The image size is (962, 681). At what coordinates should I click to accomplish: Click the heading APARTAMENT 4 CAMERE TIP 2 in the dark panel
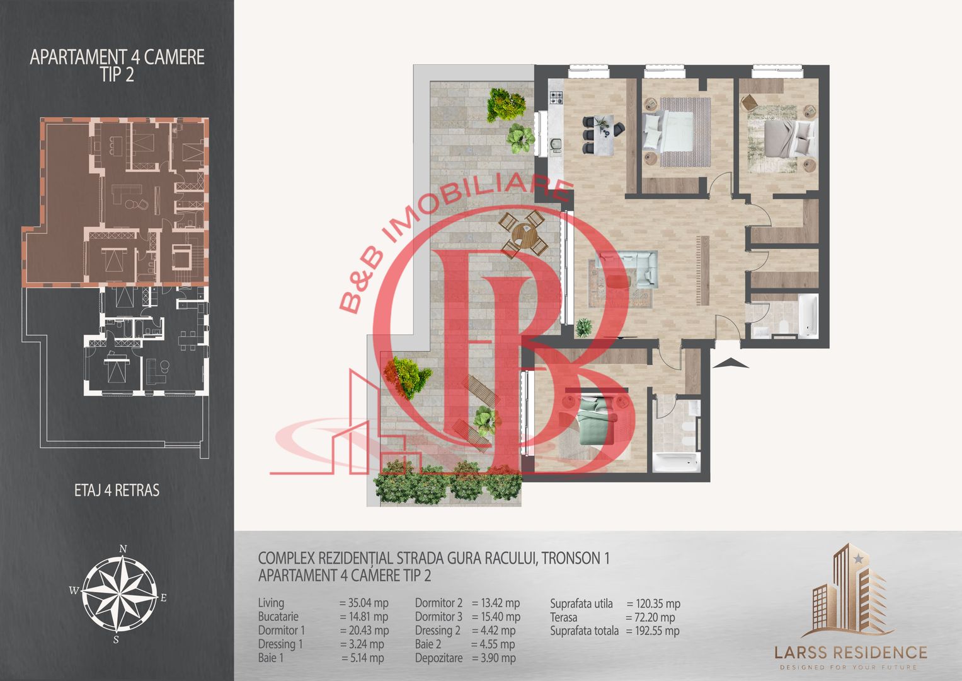117,66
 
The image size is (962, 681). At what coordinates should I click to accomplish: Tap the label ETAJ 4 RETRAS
117,490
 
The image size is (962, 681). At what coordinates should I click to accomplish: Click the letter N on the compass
123,549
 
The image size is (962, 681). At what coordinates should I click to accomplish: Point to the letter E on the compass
164,598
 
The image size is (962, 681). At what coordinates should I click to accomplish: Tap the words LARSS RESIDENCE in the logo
850,653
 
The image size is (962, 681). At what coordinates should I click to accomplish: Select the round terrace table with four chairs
523,235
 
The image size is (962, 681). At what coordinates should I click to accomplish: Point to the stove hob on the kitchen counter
556,98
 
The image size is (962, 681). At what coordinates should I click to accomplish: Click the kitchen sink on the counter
556,145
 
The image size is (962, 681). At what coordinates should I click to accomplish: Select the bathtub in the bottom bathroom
677,462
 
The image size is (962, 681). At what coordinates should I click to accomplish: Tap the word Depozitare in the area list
438,658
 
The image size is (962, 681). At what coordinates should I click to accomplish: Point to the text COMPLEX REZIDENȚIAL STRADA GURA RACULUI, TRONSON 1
434,558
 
